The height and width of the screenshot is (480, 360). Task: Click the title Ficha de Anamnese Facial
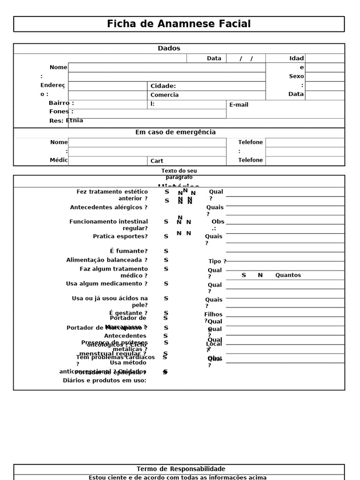point(179,24)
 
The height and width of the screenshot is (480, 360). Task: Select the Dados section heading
point(169,48)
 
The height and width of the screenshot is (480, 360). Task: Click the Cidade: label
point(163,86)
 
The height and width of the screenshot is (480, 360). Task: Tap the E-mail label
point(239,105)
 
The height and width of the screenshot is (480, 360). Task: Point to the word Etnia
point(75,120)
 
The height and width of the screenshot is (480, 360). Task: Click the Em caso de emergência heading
point(175,132)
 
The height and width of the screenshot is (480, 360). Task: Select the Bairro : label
point(61,103)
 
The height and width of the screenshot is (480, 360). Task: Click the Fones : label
point(61,112)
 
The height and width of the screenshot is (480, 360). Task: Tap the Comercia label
point(164,95)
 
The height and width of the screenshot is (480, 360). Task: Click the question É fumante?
point(128,251)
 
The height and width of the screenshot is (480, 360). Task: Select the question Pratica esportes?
point(120,236)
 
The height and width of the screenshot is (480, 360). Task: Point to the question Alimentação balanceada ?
point(106,260)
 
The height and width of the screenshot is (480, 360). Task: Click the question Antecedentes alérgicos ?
point(109,207)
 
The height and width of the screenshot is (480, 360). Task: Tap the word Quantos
point(288,275)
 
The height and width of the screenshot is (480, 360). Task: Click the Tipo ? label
point(217,262)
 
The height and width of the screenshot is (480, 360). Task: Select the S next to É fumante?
point(166,251)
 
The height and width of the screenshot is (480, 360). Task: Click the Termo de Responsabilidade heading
point(180,469)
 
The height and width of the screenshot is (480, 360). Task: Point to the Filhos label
point(213,315)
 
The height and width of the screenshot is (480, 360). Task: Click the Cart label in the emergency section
point(157,161)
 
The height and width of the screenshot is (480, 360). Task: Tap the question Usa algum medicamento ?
point(106,284)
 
